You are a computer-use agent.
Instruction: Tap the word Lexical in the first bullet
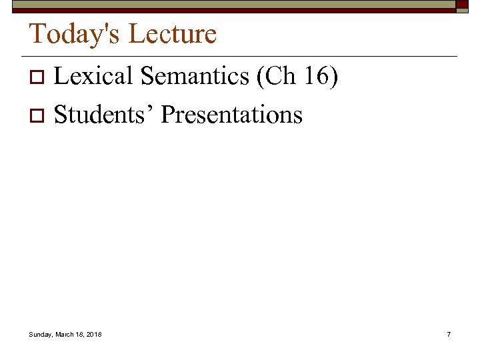(93, 77)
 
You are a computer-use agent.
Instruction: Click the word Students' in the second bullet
(104, 115)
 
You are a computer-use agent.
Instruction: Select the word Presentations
(231, 115)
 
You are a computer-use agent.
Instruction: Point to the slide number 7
(449, 334)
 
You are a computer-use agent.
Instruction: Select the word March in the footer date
(66, 334)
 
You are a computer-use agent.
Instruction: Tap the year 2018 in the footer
(94, 334)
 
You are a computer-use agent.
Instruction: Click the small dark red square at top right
(462, 5)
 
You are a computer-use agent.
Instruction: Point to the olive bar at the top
(233, 5)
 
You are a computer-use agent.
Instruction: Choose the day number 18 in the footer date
(80, 334)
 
